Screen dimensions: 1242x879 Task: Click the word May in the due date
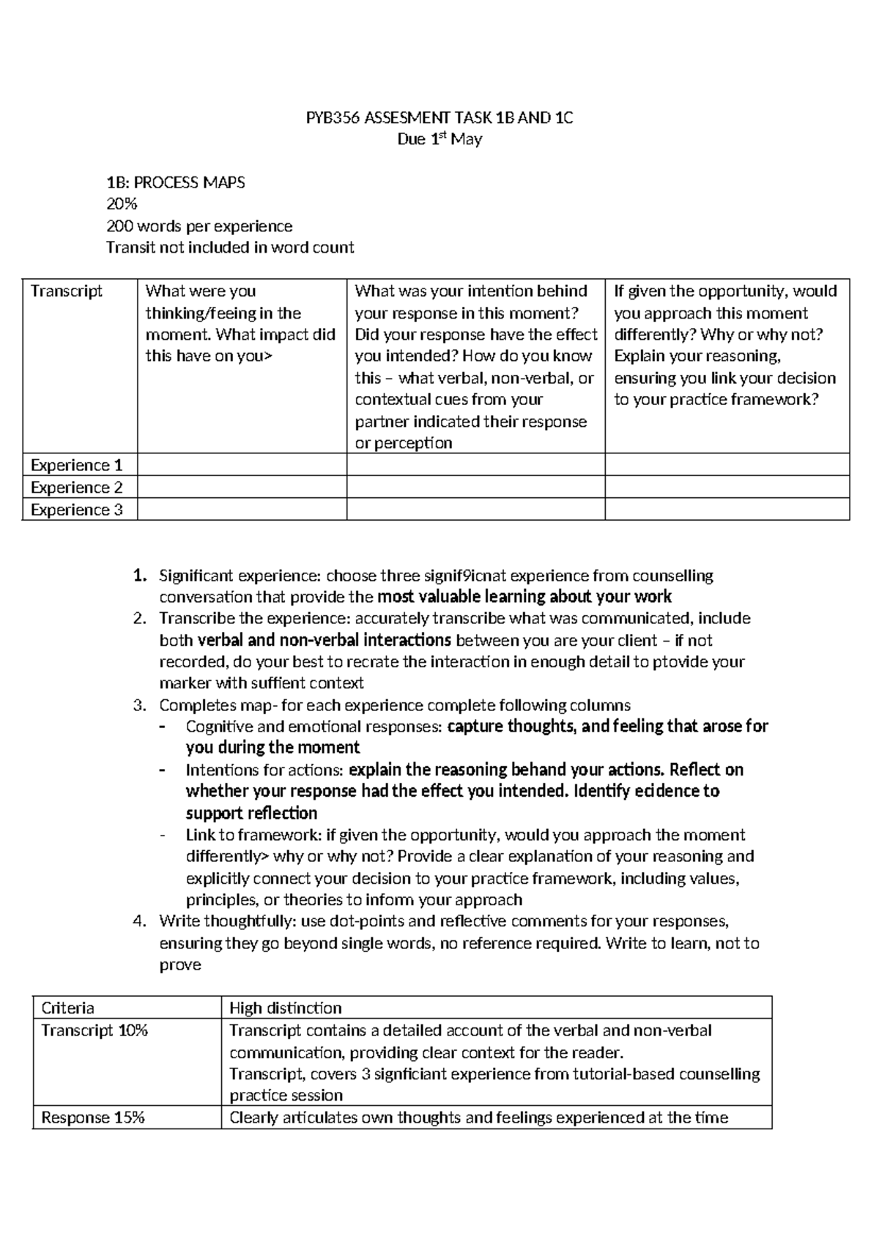(467, 139)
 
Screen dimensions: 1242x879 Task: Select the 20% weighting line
(122, 204)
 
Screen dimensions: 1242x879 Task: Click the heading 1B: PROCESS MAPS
(176, 182)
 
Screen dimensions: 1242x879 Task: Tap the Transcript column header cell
(67, 291)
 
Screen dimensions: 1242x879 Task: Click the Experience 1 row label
(76, 466)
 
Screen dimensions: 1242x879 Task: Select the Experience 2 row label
(76, 488)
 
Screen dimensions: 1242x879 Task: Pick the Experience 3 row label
(76, 510)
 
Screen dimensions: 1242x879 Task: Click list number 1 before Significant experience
(139, 576)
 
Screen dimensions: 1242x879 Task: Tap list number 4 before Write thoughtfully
(139, 921)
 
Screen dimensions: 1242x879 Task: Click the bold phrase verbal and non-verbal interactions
(324, 641)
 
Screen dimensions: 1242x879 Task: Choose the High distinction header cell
(285, 1008)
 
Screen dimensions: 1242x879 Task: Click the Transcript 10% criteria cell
(94, 1030)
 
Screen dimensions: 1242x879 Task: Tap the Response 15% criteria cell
(93, 1118)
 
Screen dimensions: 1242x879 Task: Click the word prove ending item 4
(179, 965)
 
